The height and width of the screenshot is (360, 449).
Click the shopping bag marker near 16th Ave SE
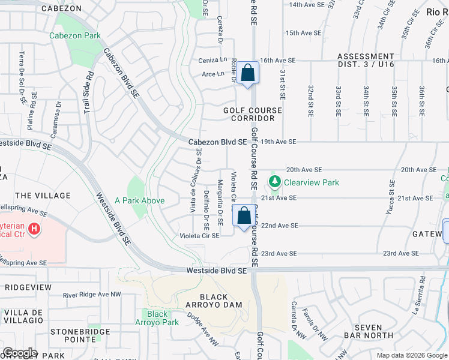[x=247, y=73]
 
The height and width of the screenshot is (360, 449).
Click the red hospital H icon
[x=34, y=229]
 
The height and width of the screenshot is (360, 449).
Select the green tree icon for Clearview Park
[x=275, y=181]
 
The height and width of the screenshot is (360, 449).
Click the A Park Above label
[x=139, y=200]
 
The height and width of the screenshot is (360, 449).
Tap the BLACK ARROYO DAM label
[x=213, y=301]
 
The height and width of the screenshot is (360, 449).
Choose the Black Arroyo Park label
[x=157, y=318]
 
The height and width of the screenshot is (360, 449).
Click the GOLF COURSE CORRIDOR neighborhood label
[x=252, y=114]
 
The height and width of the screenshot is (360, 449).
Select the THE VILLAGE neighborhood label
[x=43, y=196]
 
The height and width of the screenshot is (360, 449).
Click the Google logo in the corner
[x=20, y=353]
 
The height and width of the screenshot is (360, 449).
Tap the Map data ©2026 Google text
[x=411, y=355]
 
